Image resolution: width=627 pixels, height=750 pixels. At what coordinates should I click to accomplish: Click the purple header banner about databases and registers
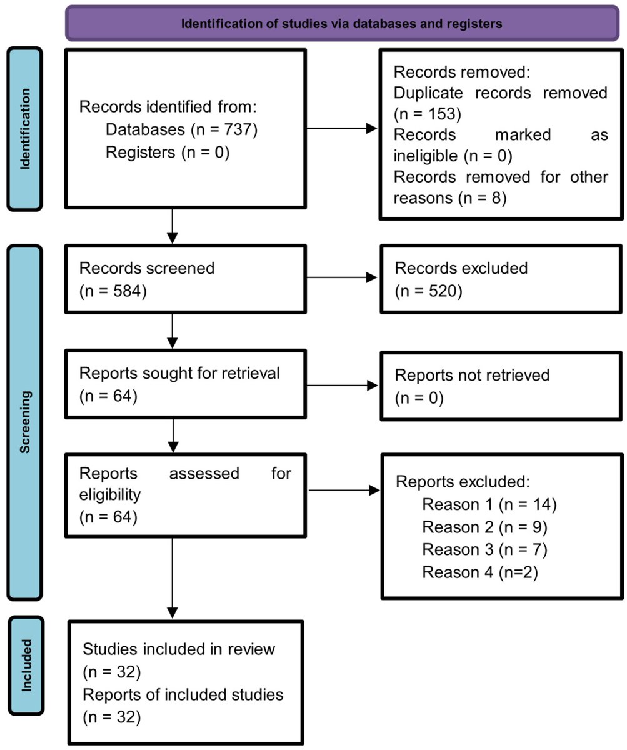click(x=342, y=24)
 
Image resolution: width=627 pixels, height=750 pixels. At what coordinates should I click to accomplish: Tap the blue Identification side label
click(x=25, y=129)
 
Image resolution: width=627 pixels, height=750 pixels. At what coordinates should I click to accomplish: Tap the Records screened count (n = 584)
click(x=113, y=291)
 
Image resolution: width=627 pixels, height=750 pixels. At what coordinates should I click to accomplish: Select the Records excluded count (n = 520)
click(x=428, y=291)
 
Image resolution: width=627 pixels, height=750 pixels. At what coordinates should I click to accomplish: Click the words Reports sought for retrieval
click(x=179, y=374)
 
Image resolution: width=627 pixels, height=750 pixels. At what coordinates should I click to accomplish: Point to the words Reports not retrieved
click(x=472, y=375)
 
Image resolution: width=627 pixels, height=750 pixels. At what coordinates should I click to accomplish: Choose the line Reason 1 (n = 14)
click(x=489, y=504)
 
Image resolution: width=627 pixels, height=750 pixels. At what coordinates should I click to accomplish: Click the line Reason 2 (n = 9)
click(x=484, y=527)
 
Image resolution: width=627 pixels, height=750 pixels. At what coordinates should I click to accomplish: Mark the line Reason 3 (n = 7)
click(x=484, y=549)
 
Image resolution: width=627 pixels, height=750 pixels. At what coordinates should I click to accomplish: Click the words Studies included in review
click(x=179, y=649)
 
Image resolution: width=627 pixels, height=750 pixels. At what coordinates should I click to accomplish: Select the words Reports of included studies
click(x=183, y=694)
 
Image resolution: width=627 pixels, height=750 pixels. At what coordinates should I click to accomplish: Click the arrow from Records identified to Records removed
click(x=343, y=129)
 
